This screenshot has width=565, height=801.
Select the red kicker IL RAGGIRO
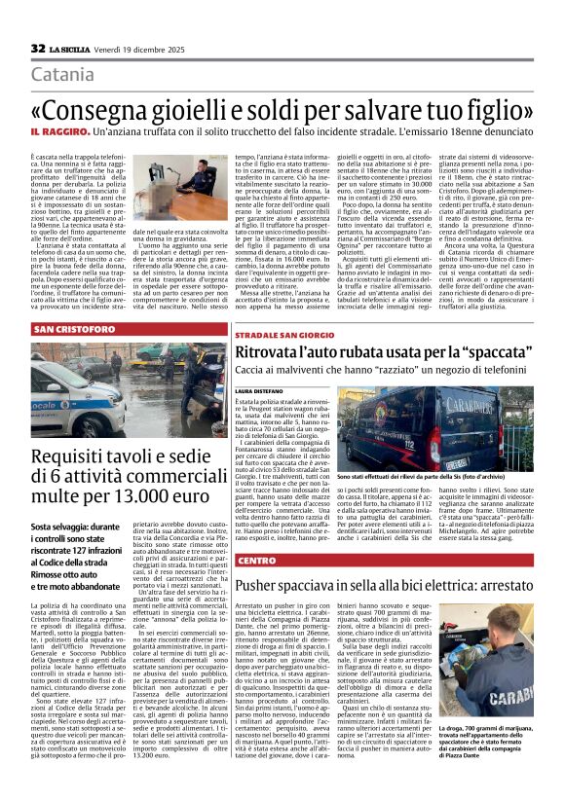pos(64,129)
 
